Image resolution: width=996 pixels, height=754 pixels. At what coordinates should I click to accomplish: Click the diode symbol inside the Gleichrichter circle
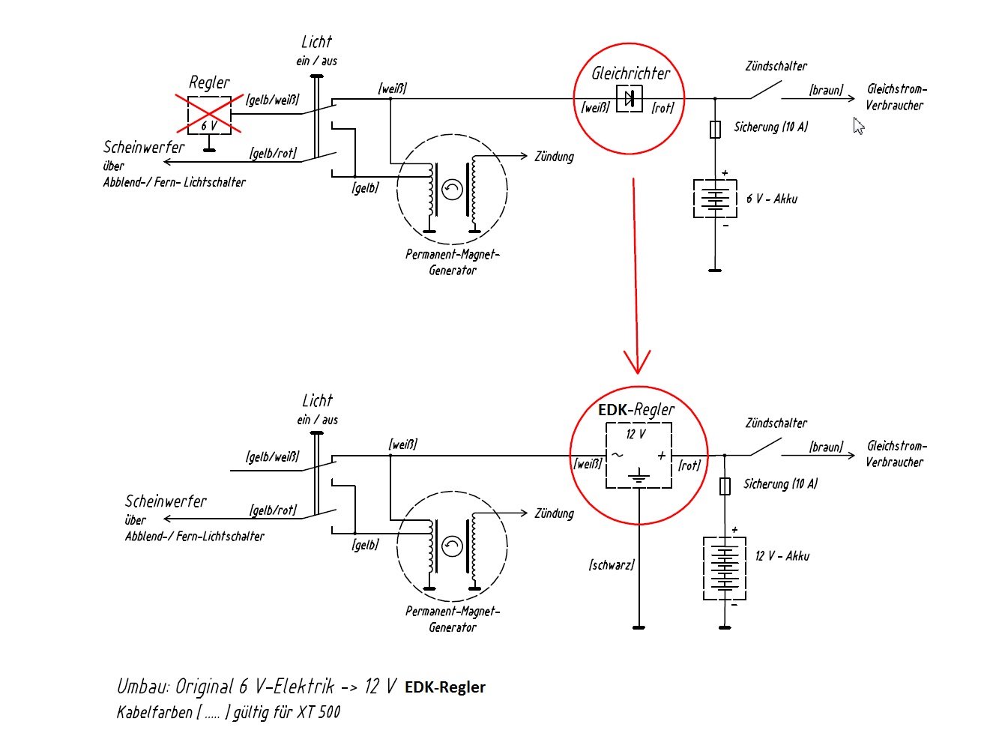630,98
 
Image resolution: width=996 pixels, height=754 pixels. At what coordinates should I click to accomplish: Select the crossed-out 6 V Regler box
209,115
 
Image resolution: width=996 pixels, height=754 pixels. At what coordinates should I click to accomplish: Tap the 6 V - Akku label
772,199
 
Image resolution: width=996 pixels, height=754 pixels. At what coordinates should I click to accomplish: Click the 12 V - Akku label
782,555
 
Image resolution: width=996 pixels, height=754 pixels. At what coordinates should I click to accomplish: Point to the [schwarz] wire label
612,564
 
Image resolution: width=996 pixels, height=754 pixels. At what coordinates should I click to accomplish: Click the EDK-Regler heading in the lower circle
636,409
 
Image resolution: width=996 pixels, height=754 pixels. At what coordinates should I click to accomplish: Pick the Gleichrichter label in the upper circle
630,73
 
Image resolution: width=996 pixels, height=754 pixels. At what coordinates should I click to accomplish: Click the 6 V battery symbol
716,199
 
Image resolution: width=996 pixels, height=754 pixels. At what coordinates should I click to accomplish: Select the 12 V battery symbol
725,568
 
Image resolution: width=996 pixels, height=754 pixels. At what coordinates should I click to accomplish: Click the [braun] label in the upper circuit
827,90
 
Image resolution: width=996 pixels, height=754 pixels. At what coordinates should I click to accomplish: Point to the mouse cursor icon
858,126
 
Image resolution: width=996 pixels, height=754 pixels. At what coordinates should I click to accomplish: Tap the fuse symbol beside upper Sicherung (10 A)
715,129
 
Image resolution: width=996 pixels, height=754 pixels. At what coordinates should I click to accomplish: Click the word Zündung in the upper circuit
554,157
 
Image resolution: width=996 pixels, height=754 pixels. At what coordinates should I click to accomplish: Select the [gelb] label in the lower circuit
366,545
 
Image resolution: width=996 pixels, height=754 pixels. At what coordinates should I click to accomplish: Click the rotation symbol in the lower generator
452,546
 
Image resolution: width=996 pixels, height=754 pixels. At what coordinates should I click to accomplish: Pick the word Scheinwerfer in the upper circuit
144,147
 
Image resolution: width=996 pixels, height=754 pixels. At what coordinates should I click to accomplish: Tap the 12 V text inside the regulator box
636,434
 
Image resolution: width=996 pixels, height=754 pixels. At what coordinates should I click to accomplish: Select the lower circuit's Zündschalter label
776,423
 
